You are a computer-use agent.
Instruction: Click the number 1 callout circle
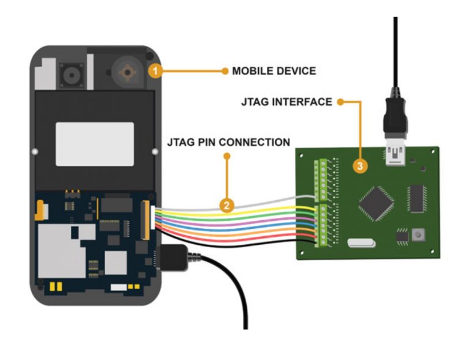pyautogui.click(x=155, y=71)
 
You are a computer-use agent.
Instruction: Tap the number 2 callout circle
pyautogui.click(x=227, y=205)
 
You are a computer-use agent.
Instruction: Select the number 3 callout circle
pyautogui.click(x=360, y=165)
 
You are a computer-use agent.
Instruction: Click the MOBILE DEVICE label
pyautogui.click(x=274, y=71)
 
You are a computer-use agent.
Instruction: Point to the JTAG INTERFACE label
pyautogui.click(x=286, y=102)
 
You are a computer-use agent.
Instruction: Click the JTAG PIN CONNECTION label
pyautogui.click(x=228, y=142)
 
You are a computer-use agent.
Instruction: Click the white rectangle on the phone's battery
pyautogui.click(x=95, y=144)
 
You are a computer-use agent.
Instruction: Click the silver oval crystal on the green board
pyautogui.click(x=360, y=243)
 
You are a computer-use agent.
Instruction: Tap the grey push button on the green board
pyautogui.click(x=419, y=234)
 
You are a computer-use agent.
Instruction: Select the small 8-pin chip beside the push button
pyautogui.click(x=401, y=236)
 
